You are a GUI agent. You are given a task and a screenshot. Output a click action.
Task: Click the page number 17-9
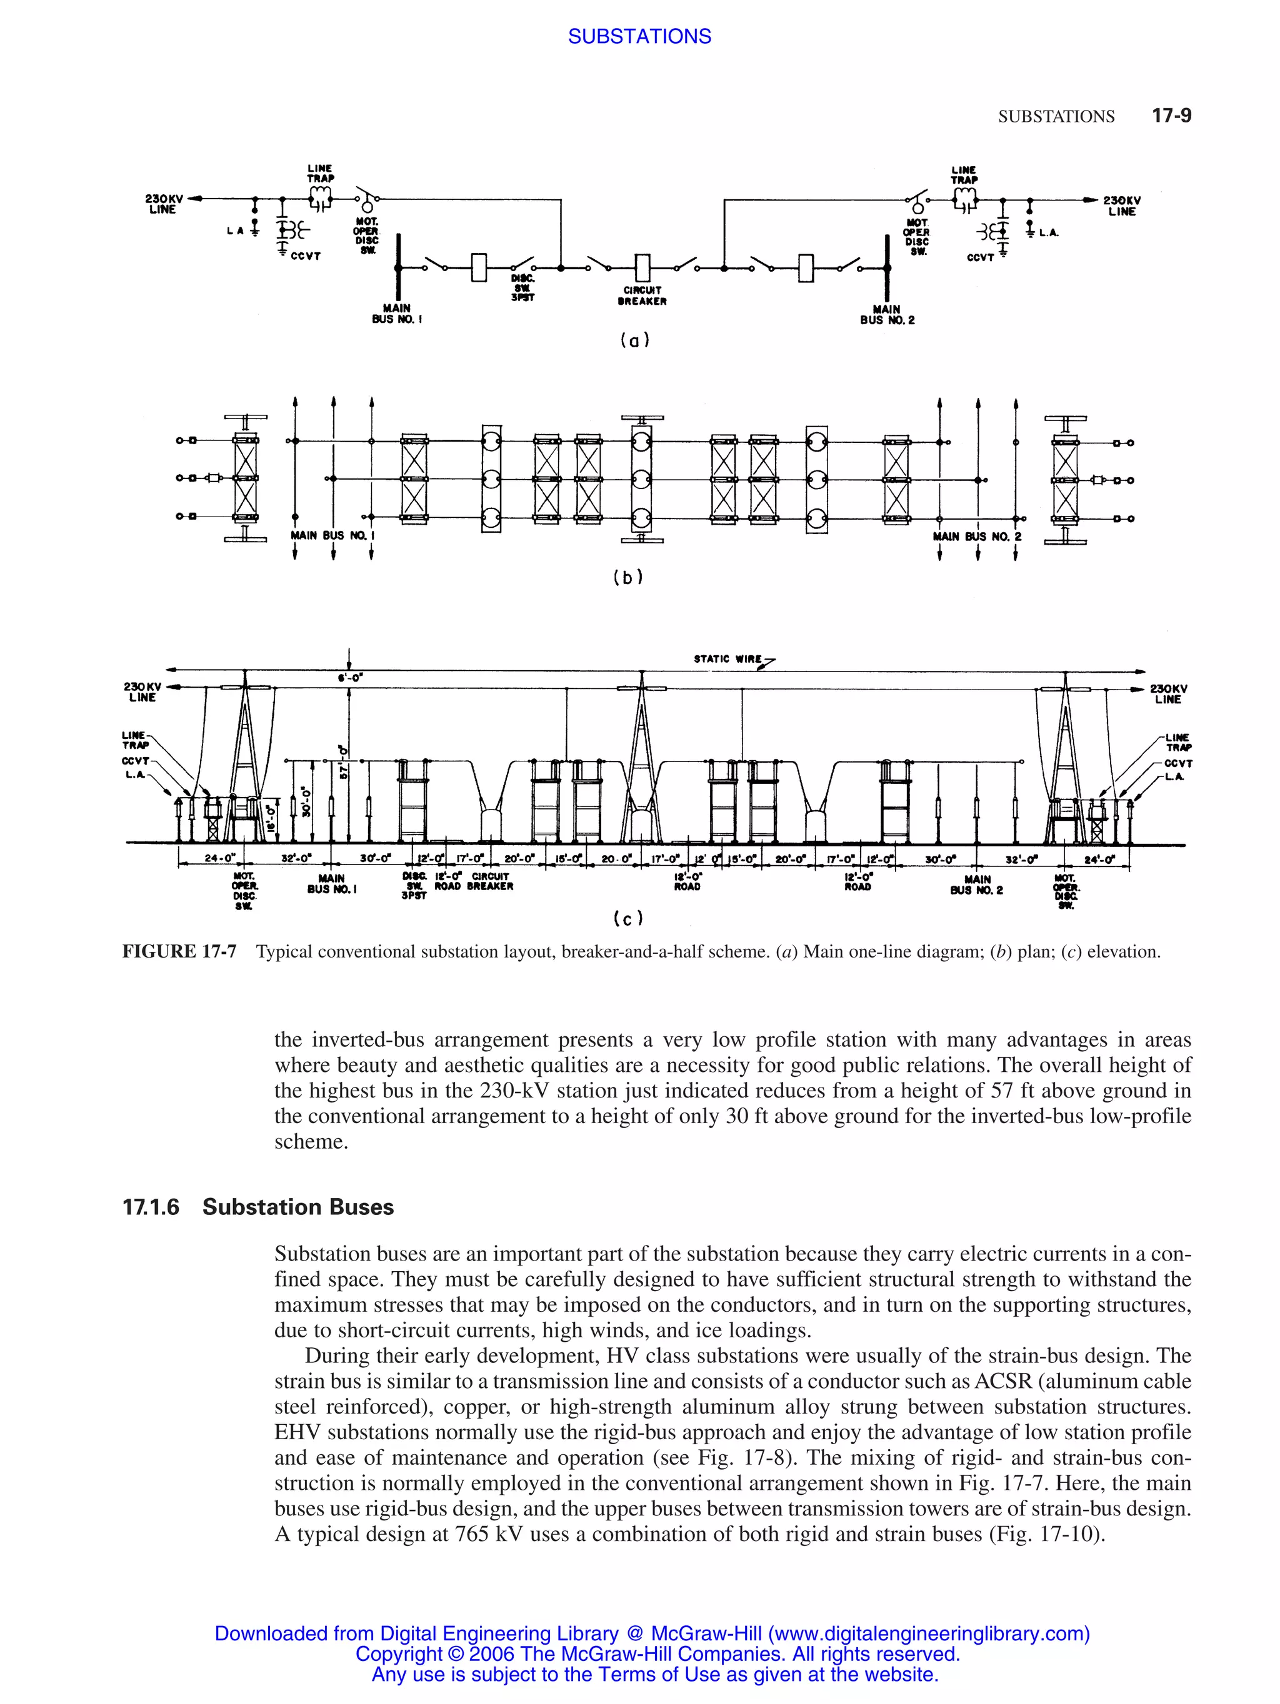point(1171,116)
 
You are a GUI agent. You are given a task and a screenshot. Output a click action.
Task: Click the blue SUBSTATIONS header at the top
point(639,36)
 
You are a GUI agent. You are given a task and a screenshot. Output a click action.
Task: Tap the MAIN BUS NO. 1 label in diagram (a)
point(396,314)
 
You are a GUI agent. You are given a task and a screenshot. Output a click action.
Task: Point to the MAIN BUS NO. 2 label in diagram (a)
point(887,314)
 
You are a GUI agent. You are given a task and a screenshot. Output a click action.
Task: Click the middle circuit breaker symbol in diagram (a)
point(642,268)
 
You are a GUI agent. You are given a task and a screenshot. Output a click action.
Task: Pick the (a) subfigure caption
point(634,340)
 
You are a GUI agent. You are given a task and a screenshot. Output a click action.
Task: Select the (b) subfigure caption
point(627,577)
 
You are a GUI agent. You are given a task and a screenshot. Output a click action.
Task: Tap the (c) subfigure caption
point(627,918)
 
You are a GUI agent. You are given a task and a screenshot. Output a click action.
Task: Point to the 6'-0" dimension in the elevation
point(351,678)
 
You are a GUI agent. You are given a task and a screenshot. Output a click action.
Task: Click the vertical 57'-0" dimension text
point(344,760)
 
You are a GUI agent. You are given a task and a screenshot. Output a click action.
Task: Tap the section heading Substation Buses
point(297,1207)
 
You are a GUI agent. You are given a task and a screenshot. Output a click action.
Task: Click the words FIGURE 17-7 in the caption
point(179,951)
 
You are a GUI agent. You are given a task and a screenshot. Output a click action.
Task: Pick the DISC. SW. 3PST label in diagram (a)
point(522,287)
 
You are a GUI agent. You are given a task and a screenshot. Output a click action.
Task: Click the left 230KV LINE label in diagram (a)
point(163,204)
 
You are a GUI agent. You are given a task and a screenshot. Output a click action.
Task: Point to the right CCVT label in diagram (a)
point(979,257)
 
